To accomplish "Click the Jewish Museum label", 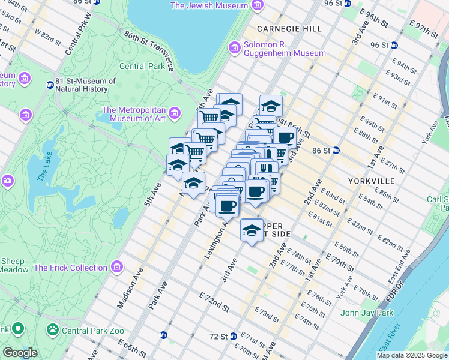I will pyautogui.click(x=209, y=5).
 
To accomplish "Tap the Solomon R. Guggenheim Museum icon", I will pyautogui.click(x=234, y=47).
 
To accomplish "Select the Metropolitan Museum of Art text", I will pyautogui.click(x=134, y=113).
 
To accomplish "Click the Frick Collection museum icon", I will pyautogui.click(x=117, y=266).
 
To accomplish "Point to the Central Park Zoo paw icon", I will pyautogui.click(x=53, y=329).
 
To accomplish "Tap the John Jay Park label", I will pyautogui.click(x=366, y=313).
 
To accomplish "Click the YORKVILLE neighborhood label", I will pyautogui.click(x=371, y=181).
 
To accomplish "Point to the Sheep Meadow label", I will pyautogui.click(x=14, y=265).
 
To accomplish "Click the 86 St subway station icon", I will pyautogui.click(x=336, y=151).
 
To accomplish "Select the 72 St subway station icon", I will pyautogui.click(x=233, y=336).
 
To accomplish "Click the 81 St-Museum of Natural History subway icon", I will pyautogui.click(x=50, y=85).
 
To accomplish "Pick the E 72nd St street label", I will pyautogui.click(x=215, y=303).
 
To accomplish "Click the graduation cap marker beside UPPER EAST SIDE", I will pyautogui.click(x=252, y=230).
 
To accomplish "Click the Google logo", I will pyautogui.click(x=19, y=353).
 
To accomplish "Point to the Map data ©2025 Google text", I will pyautogui.click(x=411, y=355).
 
